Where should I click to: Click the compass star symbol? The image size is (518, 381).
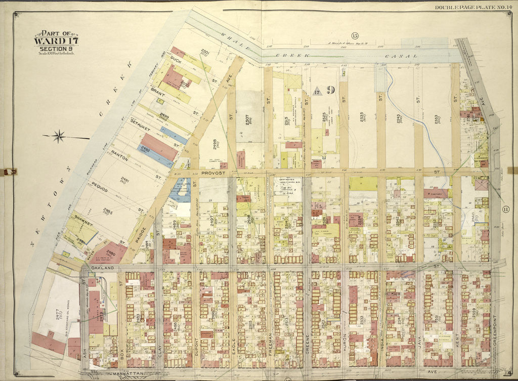[59, 135]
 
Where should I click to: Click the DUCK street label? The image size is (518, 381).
[176, 60]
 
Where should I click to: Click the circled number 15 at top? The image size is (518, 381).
[355, 35]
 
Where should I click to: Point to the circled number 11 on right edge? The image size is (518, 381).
[505, 209]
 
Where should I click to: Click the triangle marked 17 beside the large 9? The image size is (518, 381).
[317, 92]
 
